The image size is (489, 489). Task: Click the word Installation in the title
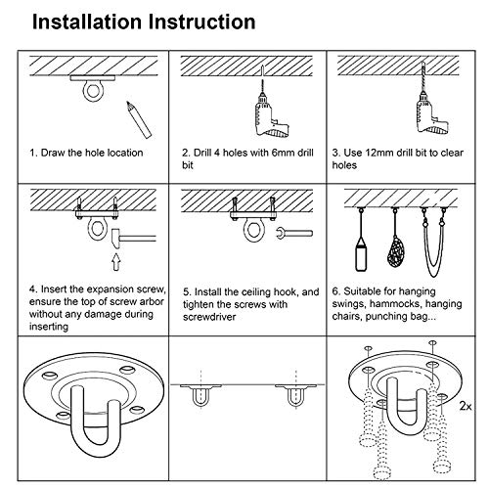click(x=87, y=22)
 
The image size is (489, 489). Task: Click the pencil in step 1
click(x=139, y=119)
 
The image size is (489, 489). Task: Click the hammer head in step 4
click(x=115, y=239)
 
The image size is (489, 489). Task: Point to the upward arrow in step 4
click(x=116, y=262)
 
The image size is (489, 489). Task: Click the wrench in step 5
click(x=294, y=234)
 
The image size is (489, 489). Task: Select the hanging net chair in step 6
click(x=395, y=252)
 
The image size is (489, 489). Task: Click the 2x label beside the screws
click(x=466, y=406)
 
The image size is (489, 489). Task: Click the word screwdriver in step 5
click(x=209, y=317)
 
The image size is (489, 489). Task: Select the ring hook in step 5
click(x=253, y=229)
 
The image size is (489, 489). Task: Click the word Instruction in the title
click(x=202, y=22)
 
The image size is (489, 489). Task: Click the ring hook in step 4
click(x=97, y=228)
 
